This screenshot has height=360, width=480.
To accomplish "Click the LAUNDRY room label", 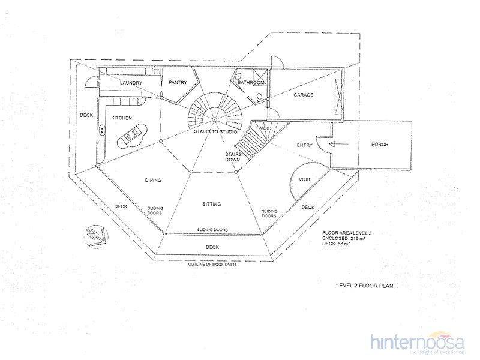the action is pyautogui.click(x=131, y=83).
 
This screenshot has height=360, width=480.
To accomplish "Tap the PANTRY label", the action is pyautogui.click(x=178, y=82).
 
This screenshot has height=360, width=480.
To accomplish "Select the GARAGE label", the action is pyautogui.click(x=304, y=95).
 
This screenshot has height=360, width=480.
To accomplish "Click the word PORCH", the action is pyautogui.click(x=380, y=144).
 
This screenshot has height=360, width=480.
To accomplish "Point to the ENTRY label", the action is pyautogui.click(x=305, y=145).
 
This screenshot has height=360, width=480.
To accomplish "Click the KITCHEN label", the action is pyautogui.click(x=122, y=118).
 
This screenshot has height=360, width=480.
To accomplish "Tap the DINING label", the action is pyautogui.click(x=153, y=180).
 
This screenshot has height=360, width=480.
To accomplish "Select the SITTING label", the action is pyautogui.click(x=212, y=204).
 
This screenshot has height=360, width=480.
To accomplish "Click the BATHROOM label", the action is pyautogui.click(x=251, y=83).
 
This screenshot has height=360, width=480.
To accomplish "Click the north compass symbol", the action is pyautogui.click(x=96, y=236).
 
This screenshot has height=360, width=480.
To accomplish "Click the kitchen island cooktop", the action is pyautogui.click(x=131, y=134).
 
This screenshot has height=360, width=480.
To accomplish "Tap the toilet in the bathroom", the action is pyautogui.click(x=259, y=97).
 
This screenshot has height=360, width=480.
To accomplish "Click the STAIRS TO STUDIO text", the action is pyautogui.click(x=215, y=131).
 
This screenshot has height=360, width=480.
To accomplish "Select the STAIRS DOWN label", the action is pyautogui.click(x=233, y=157).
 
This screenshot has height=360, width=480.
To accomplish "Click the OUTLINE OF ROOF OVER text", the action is pyautogui.click(x=212, y=264).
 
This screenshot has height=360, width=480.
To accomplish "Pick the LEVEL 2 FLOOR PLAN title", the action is pyautogui.click(x=365, y=286).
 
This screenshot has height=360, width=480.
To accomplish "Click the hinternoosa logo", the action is pyautogui.click(x=417, y=342).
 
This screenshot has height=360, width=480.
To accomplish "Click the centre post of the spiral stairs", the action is pyautogui.click(x=215, y=119).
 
